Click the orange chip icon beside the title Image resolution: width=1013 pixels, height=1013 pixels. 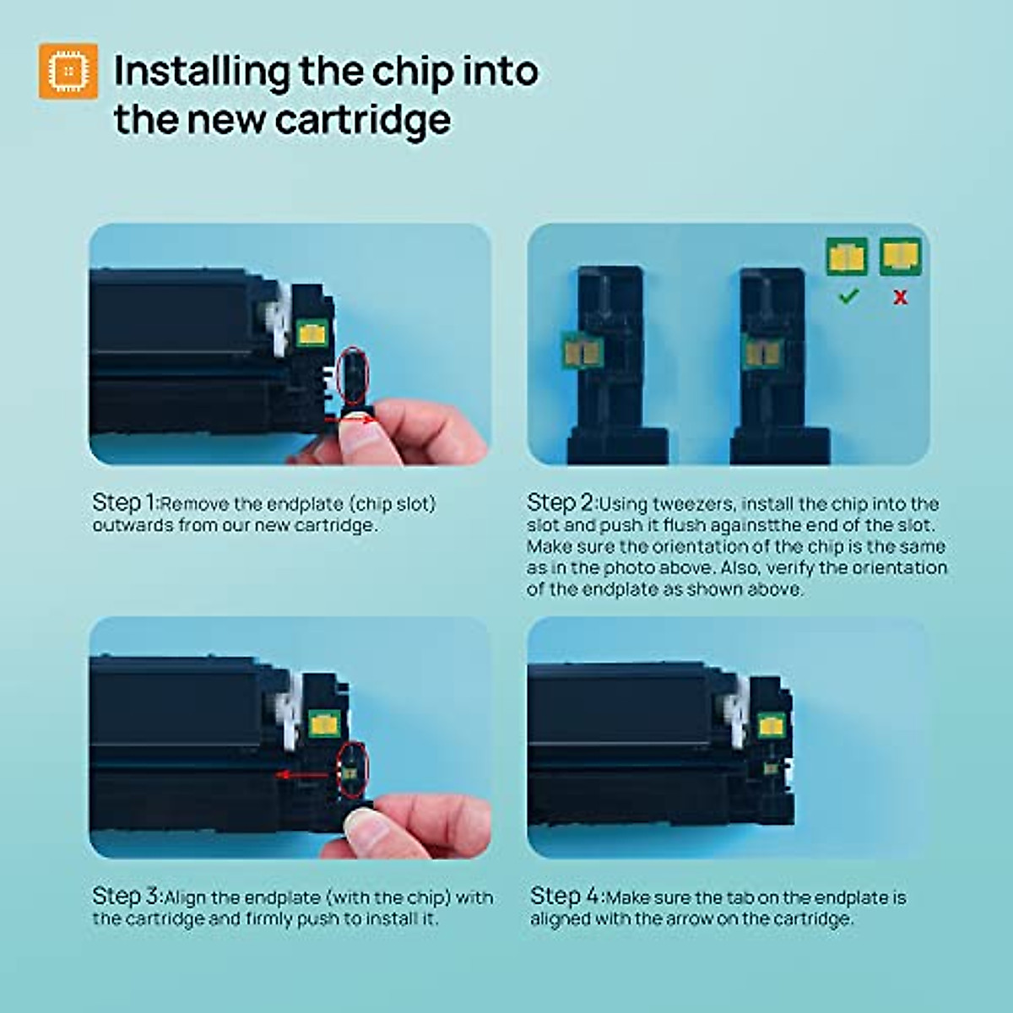[x=68, y=71]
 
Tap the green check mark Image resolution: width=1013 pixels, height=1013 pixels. [x=848, y=296]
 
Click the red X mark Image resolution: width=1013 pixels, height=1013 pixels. [x=901, y=297]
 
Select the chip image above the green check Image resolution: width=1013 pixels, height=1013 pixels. [x=847, y=257]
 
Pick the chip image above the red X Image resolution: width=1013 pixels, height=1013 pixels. [x=901, y=257]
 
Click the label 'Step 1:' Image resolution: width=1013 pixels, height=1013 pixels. [x=126, y=502]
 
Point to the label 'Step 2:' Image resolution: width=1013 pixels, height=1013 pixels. [x=561, y=502]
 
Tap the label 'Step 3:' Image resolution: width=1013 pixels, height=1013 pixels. [x=127, y=897]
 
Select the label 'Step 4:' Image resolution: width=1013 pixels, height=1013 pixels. [x=566, y=897]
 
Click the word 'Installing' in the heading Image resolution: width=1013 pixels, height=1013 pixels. [x=202, y=72]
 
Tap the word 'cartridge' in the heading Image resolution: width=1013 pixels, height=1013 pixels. [x=363, y=120]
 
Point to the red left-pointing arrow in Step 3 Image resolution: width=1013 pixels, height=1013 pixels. [x=303, y=775]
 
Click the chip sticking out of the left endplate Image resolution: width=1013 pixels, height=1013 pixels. [x=582, y=351]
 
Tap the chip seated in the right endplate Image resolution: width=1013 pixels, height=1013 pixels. [x=762, y=353]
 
